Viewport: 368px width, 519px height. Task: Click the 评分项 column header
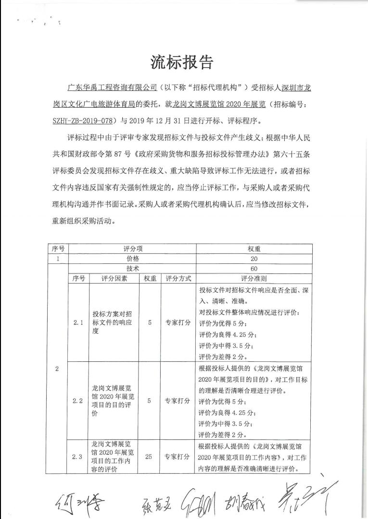(132, 249)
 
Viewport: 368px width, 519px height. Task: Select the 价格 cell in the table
(132, 259)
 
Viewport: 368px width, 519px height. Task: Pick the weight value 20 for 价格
(254, 259)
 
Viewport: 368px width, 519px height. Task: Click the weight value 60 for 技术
(254, 269)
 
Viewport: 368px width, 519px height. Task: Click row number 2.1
(78, 323)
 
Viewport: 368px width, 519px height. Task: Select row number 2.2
(78, 400)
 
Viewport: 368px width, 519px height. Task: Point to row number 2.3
(78, 457)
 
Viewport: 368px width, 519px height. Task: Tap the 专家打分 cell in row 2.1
(178, 323)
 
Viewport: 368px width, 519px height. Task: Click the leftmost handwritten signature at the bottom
(78, 502)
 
